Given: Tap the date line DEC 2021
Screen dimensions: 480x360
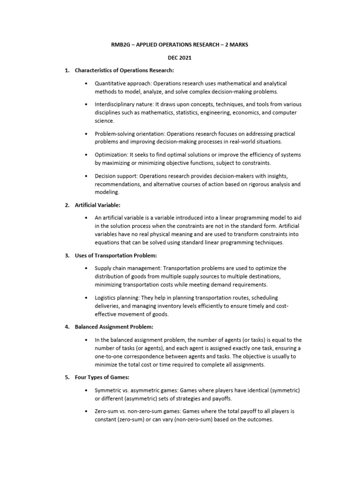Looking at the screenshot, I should [x=180, y=59].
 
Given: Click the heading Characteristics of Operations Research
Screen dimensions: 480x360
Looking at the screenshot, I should [x=124, y=71].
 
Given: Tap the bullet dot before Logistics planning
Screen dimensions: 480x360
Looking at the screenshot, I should [x=87, y=298].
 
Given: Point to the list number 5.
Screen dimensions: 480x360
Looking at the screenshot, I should [x=67, y=377].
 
